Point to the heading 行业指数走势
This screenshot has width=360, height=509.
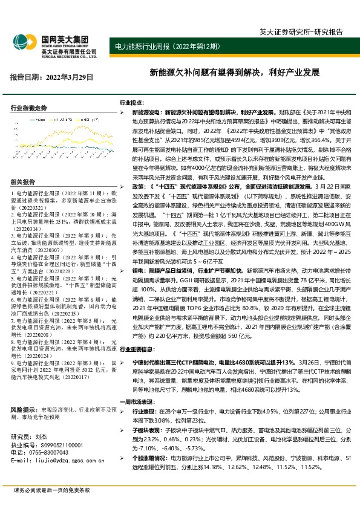28,108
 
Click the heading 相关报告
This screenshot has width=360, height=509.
23,183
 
